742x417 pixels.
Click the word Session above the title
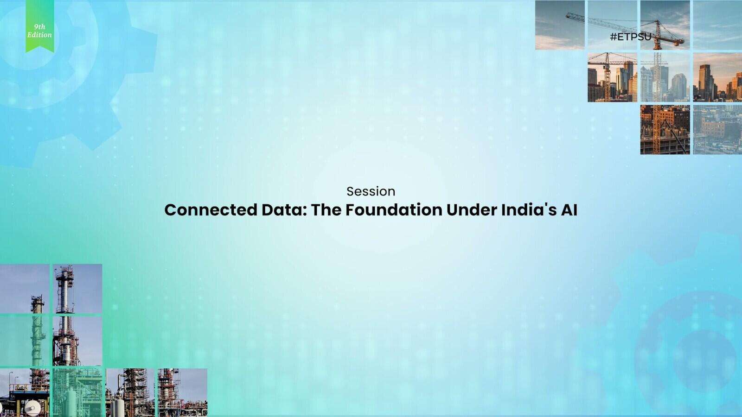(371, 191)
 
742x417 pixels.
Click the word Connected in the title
(211, 210)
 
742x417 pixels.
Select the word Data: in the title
(284, 210)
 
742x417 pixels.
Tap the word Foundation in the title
(394, 210)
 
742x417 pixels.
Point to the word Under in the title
(472, 210)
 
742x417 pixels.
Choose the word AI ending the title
(569, 210)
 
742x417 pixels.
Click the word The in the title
(326, 210)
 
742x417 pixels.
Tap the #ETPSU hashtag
(631, 37)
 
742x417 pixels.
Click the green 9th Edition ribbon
(40, 26)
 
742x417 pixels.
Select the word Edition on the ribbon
(39, 35)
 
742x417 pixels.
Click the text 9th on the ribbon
(40, 27)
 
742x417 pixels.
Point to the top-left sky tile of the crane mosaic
(560, 25)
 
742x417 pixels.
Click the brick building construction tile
(665, 130)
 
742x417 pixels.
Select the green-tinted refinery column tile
(25, 341)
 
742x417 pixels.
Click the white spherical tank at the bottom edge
(32, 408)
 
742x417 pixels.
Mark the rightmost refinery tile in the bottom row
(183, 392)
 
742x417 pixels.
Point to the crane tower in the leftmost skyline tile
(607, 77)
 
